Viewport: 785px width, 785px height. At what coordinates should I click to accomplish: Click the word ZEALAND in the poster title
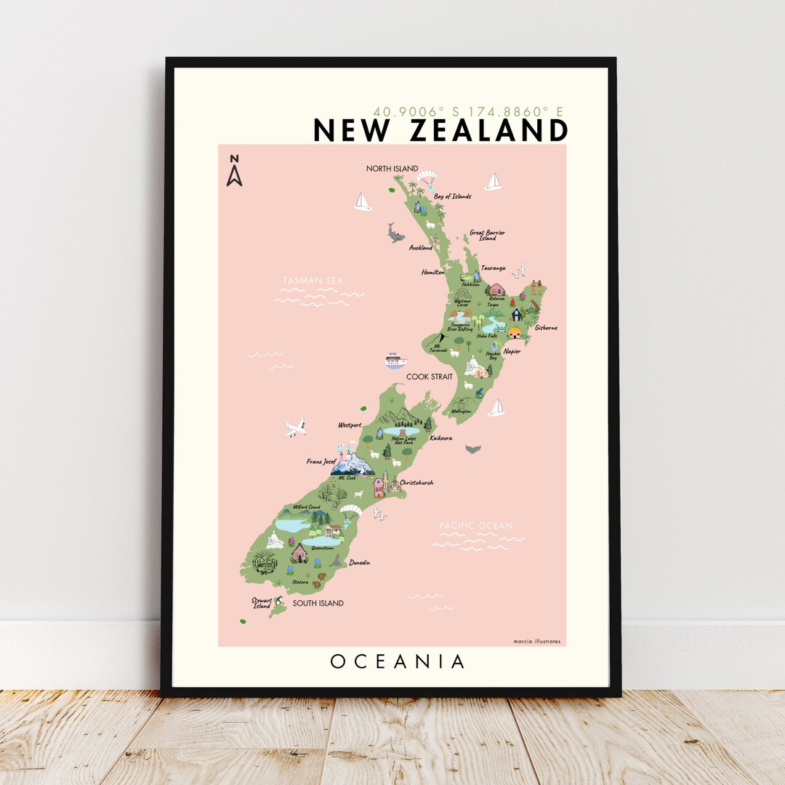[488, 131]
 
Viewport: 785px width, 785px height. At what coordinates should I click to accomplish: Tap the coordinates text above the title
[468, 112]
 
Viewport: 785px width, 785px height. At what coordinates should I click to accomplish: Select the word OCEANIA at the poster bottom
[397, 661]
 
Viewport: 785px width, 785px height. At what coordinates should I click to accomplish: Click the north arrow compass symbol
[234, 171]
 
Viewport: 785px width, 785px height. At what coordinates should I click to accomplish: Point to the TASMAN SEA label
[313, 281]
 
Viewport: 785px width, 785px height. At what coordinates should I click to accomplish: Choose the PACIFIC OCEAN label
[475, 526]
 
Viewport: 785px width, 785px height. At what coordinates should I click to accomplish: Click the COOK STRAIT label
[429, 377]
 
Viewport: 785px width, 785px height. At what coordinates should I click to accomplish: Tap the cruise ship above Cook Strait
[395, 361]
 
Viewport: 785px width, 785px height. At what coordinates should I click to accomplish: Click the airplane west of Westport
[294, 428]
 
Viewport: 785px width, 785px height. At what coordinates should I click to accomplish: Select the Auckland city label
[420, 248]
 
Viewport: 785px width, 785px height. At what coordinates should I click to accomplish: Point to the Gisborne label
[546, 328]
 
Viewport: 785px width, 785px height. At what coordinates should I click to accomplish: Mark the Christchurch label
[416, 482]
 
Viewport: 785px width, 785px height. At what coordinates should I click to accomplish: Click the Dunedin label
[359, 562]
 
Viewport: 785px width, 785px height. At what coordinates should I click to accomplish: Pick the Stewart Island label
[262, 603]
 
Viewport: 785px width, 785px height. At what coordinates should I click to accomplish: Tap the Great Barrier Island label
[487, 235]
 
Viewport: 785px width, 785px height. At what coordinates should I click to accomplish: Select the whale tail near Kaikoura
[473, 448]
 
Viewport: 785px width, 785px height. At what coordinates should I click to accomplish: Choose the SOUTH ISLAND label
[318, 603]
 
